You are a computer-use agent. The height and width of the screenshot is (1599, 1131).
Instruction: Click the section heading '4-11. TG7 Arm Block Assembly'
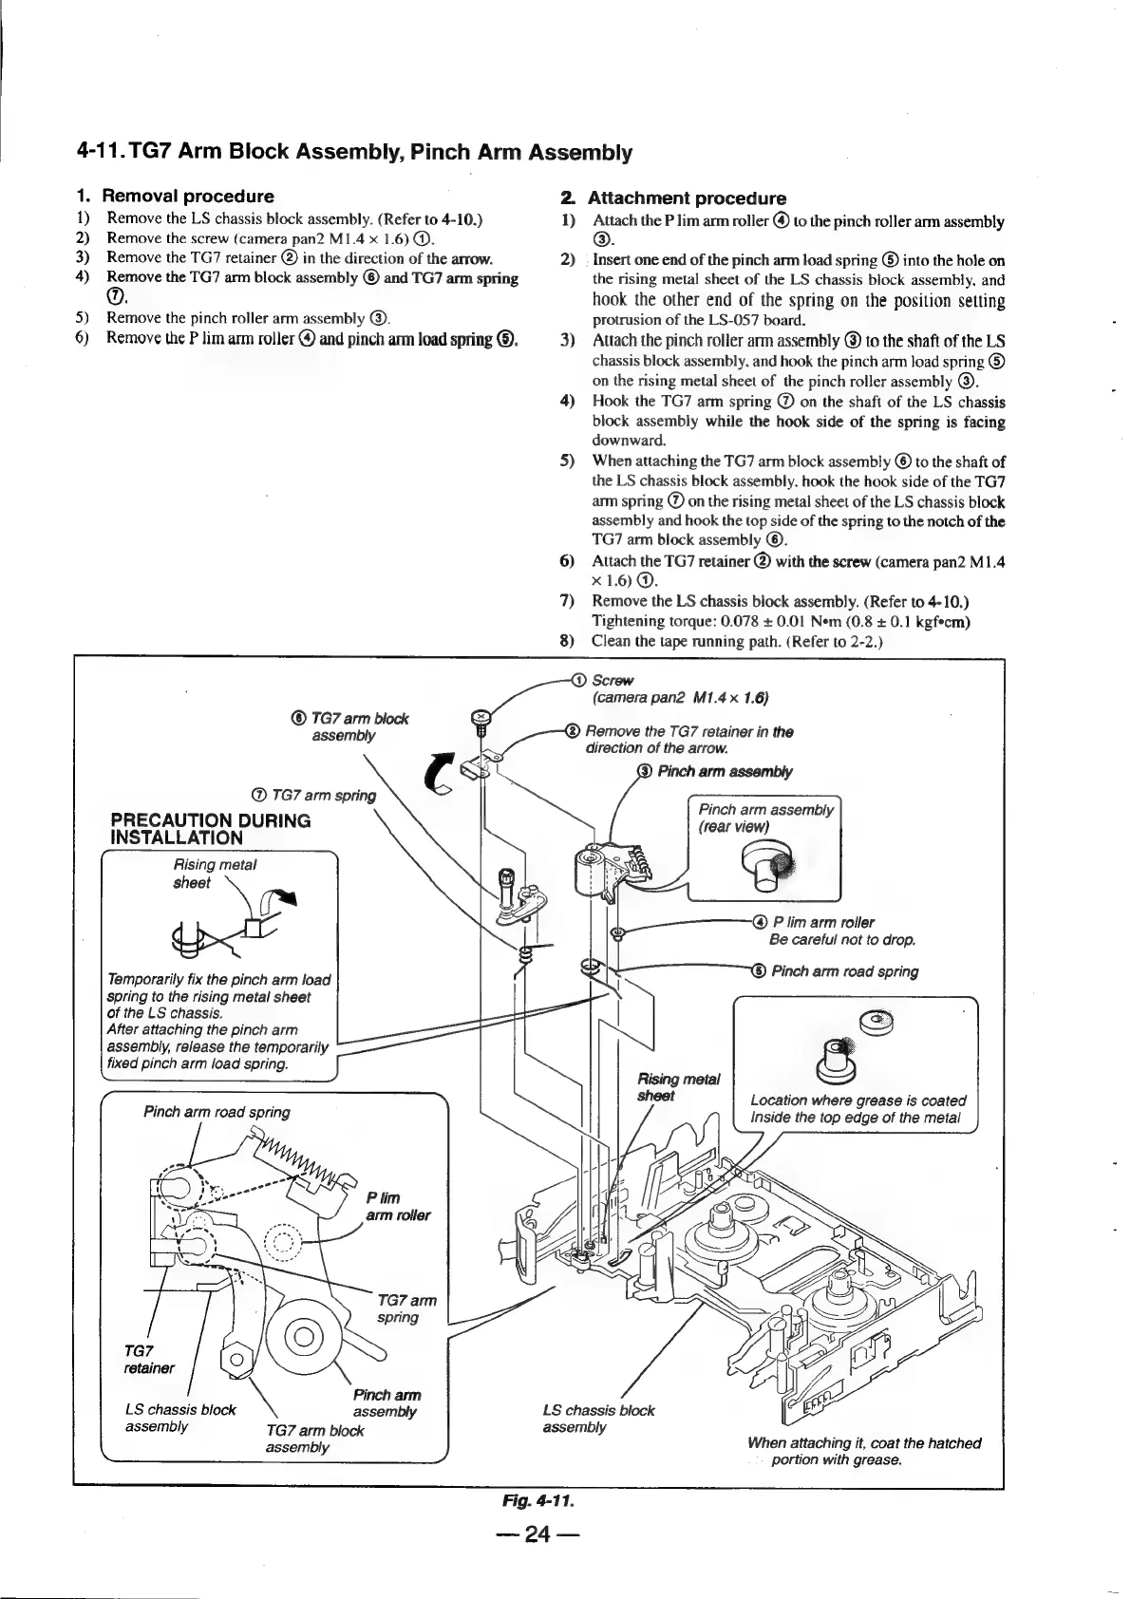[x=353, y=152]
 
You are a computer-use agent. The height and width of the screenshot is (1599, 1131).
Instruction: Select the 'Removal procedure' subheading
[x=187, y=197]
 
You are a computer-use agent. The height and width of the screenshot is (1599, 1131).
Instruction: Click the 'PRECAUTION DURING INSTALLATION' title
[x=211, y=828]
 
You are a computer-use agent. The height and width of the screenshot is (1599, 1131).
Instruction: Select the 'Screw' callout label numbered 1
[x=612, y=680]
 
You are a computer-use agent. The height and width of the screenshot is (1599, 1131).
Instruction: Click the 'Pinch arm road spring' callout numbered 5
[x=843, y=970]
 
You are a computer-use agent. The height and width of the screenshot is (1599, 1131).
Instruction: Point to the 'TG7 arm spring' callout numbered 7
[x=323, y=795]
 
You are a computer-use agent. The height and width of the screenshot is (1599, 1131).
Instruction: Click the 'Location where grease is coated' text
[x=857, y=1100]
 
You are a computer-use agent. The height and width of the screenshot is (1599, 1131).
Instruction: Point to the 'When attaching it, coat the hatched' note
[x=863, y=1442]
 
